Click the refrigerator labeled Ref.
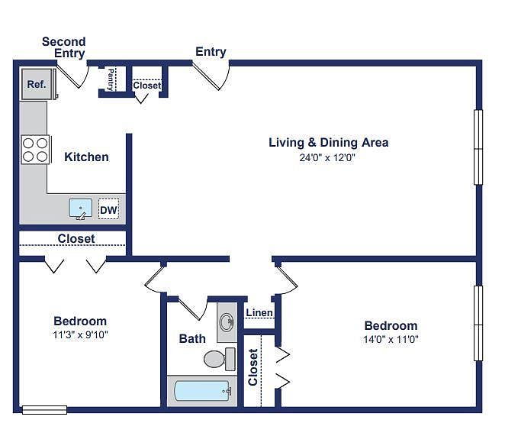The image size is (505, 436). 37,85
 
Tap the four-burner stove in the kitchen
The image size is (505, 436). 35,149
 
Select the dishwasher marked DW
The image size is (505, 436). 108,209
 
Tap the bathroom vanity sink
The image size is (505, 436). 227,321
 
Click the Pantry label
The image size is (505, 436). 111,79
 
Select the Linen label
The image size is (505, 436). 259,313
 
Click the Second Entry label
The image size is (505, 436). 64,47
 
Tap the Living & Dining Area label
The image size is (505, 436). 329,142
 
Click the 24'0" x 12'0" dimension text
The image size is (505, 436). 328,158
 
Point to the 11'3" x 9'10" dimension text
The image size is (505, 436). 80,334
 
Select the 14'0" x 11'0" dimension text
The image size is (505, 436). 391,339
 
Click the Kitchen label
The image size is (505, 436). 86,157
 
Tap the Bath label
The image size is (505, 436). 192,338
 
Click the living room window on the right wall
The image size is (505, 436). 478,147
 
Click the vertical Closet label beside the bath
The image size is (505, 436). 253,367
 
